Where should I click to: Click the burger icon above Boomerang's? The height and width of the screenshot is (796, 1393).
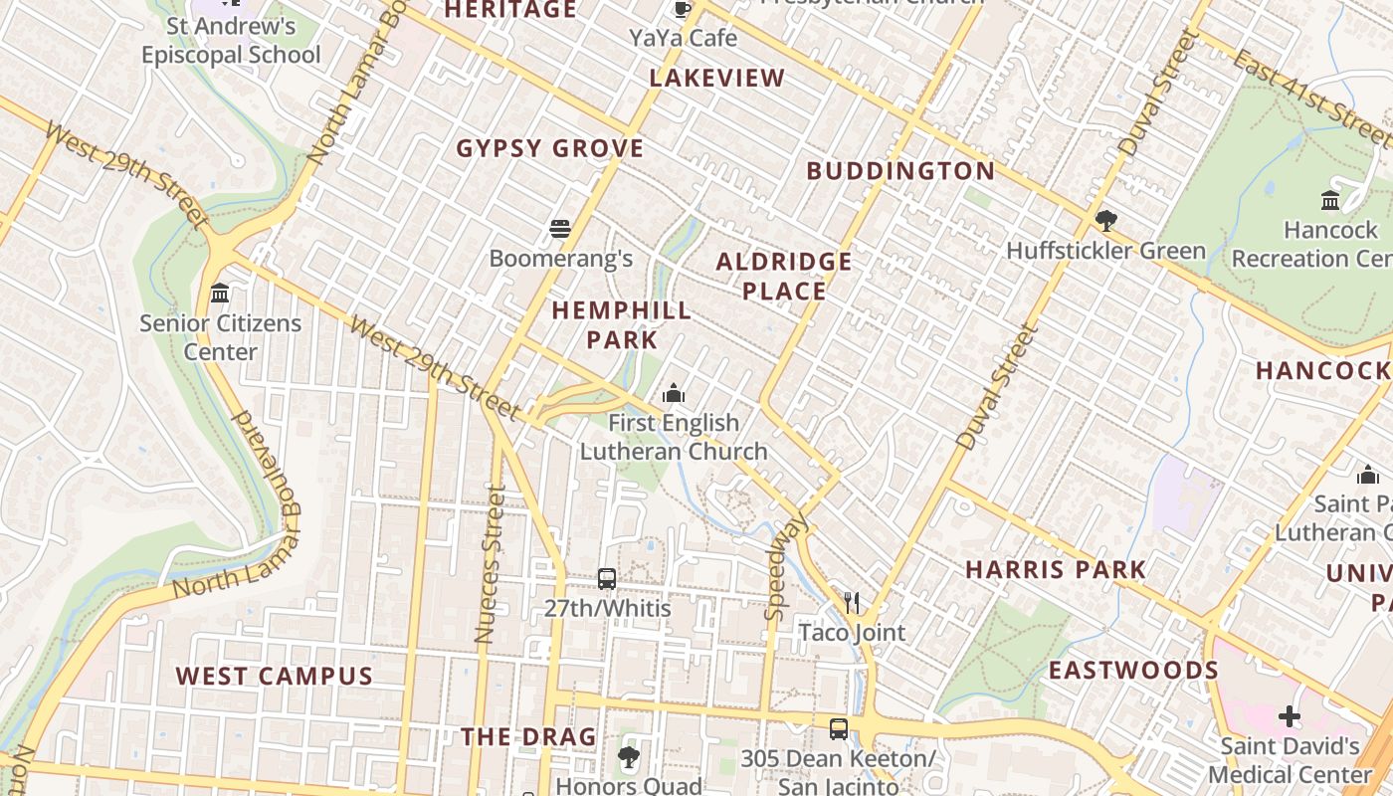tap(560, 229)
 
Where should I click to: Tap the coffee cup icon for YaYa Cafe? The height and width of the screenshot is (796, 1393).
tap(683, 9)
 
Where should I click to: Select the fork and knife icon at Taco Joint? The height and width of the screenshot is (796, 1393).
tap(852, 602)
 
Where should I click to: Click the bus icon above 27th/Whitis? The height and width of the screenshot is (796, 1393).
tap(607, 578)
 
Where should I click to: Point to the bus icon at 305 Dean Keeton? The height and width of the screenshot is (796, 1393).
tap(839, 729)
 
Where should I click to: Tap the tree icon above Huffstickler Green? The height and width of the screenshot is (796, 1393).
tap(1105, 220)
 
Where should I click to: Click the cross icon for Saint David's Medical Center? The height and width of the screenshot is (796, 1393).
tap(1290, 716)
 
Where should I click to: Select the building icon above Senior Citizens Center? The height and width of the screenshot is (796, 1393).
tap(220, 294)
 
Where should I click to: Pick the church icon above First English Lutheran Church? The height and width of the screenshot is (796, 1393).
tap(674, 394)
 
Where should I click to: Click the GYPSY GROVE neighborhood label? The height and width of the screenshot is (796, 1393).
tap(550, 149)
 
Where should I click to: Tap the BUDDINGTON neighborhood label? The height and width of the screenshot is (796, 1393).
tap(900, 171)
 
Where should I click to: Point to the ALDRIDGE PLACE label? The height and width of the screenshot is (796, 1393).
tap(784, 277)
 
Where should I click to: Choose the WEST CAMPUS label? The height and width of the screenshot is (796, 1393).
tap(275, 677)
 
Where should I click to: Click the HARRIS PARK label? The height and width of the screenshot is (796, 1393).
tap(1056, 570)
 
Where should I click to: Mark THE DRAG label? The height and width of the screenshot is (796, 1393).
tap(528, 737)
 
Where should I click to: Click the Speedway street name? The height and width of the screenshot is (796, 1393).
tap(786, 567)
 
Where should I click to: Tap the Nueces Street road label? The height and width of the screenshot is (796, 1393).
tap(490, 563)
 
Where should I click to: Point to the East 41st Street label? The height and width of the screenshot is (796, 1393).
tap(1311, 97)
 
